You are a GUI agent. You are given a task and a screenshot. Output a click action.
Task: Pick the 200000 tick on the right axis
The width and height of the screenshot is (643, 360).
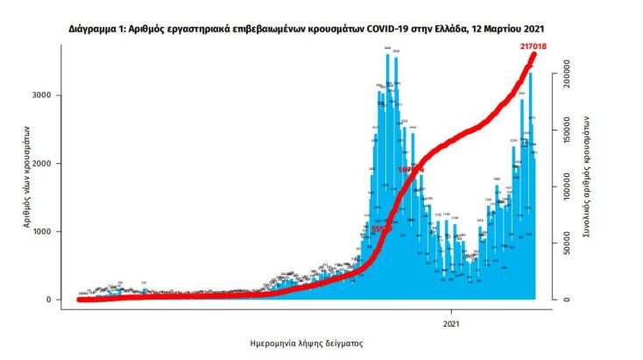[x=569, y=77]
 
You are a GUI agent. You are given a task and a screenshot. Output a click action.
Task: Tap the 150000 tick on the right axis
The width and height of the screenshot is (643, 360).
[x=569, y=132]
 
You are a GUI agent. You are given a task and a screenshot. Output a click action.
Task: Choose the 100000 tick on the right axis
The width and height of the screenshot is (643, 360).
[x=569, y=188]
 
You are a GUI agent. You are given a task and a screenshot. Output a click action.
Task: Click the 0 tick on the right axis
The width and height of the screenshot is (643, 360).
[x=569, y=300]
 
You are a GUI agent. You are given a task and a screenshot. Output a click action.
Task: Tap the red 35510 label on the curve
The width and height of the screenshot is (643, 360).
[x=380, y=229]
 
